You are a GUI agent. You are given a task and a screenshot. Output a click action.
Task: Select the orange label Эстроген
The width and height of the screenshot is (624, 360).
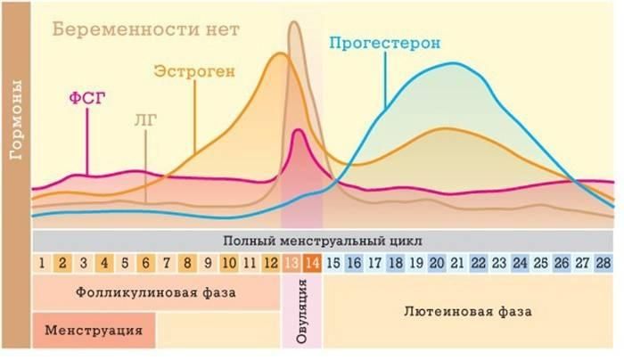pos(194,70)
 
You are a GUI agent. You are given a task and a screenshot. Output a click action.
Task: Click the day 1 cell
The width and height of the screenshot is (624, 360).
pos(42,263)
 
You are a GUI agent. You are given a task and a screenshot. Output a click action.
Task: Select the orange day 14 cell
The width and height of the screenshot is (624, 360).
pos(312,263)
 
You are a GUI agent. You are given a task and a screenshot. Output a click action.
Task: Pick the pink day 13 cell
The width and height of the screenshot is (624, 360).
pos(291,263)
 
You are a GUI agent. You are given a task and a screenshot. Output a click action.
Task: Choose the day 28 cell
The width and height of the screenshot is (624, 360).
pos(603,263)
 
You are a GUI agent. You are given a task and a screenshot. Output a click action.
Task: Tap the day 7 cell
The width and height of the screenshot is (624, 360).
pos(167,263)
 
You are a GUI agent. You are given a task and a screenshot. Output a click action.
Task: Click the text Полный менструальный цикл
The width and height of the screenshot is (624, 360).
pos(324,241)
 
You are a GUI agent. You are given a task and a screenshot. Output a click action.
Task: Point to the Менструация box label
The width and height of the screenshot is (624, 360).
pos(94,329)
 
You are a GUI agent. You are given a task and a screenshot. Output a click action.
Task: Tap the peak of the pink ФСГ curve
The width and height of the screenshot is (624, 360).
pos(298,131)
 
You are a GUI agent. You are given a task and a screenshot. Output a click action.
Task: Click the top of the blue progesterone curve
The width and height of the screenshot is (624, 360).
pos(455,63)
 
